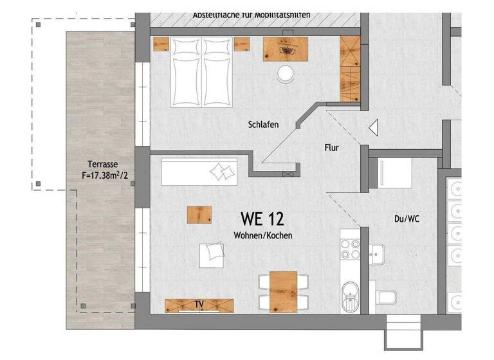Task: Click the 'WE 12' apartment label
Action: point(262,219)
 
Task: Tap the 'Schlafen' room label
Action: point(263,125)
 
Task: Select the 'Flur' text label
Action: point(331,148)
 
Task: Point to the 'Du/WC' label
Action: point(407,219)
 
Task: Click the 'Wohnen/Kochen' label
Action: point(262,236)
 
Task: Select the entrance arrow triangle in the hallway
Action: point(373,129)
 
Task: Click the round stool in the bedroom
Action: point(284,75)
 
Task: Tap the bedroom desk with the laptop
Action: point(286,48)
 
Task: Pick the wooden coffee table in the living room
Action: point(199,214)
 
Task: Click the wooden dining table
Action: point(283,291)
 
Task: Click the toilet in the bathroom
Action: point(386,298)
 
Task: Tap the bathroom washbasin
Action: point(380,255)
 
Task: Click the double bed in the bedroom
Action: point(203,71)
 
